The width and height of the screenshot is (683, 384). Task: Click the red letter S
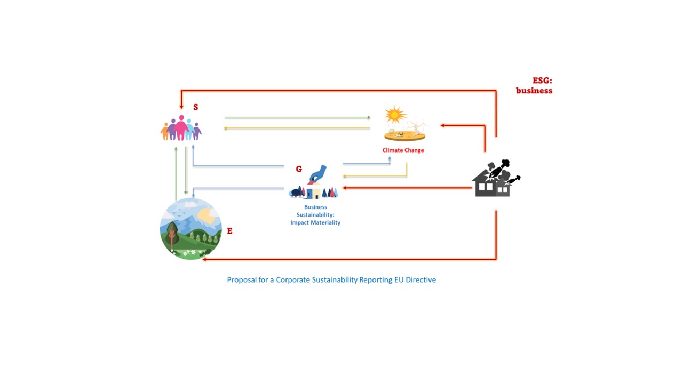[196, 107]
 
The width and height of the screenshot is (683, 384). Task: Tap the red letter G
[299, 169]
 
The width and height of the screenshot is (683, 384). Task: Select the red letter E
[229, 231]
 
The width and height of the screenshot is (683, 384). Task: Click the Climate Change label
[403, 150]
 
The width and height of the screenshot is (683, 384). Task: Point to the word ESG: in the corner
[542, 81]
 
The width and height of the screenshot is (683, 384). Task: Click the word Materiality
[325, 223]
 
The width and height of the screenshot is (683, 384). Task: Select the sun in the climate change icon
[394, 115]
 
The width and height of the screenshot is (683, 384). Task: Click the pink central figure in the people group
[181, 128]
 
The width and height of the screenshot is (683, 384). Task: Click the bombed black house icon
[496, 178]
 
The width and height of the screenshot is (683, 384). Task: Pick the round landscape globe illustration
[191, 229]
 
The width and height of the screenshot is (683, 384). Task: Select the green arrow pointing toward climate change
[297, 117]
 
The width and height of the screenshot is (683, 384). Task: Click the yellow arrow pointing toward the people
[297, 129]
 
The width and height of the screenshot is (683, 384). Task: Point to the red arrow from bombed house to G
[407, 188]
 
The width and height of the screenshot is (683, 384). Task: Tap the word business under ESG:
[534, 91]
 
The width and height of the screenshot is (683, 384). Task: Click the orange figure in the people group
[165, 132]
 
